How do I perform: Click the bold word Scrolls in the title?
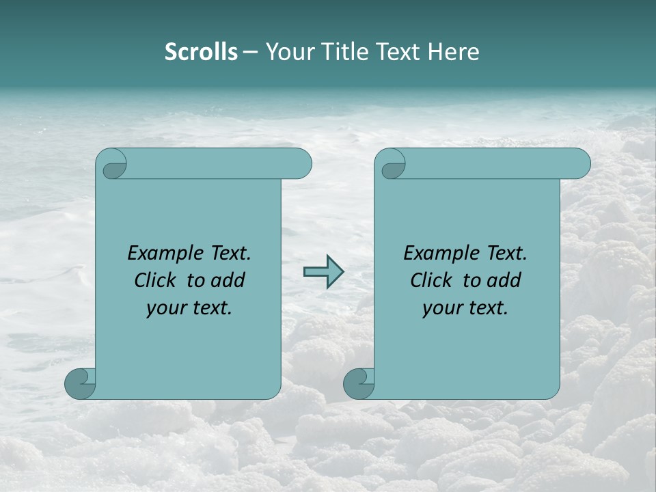[201, 52]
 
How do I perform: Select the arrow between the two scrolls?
[323, 272]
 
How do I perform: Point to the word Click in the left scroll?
[157, 280]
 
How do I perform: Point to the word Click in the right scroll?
[433, 280]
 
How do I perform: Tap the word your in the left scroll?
[166, 309]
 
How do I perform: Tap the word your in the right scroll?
[442, 309]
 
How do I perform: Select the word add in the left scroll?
[228, 280]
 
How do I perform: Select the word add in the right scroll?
[504, 280]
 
